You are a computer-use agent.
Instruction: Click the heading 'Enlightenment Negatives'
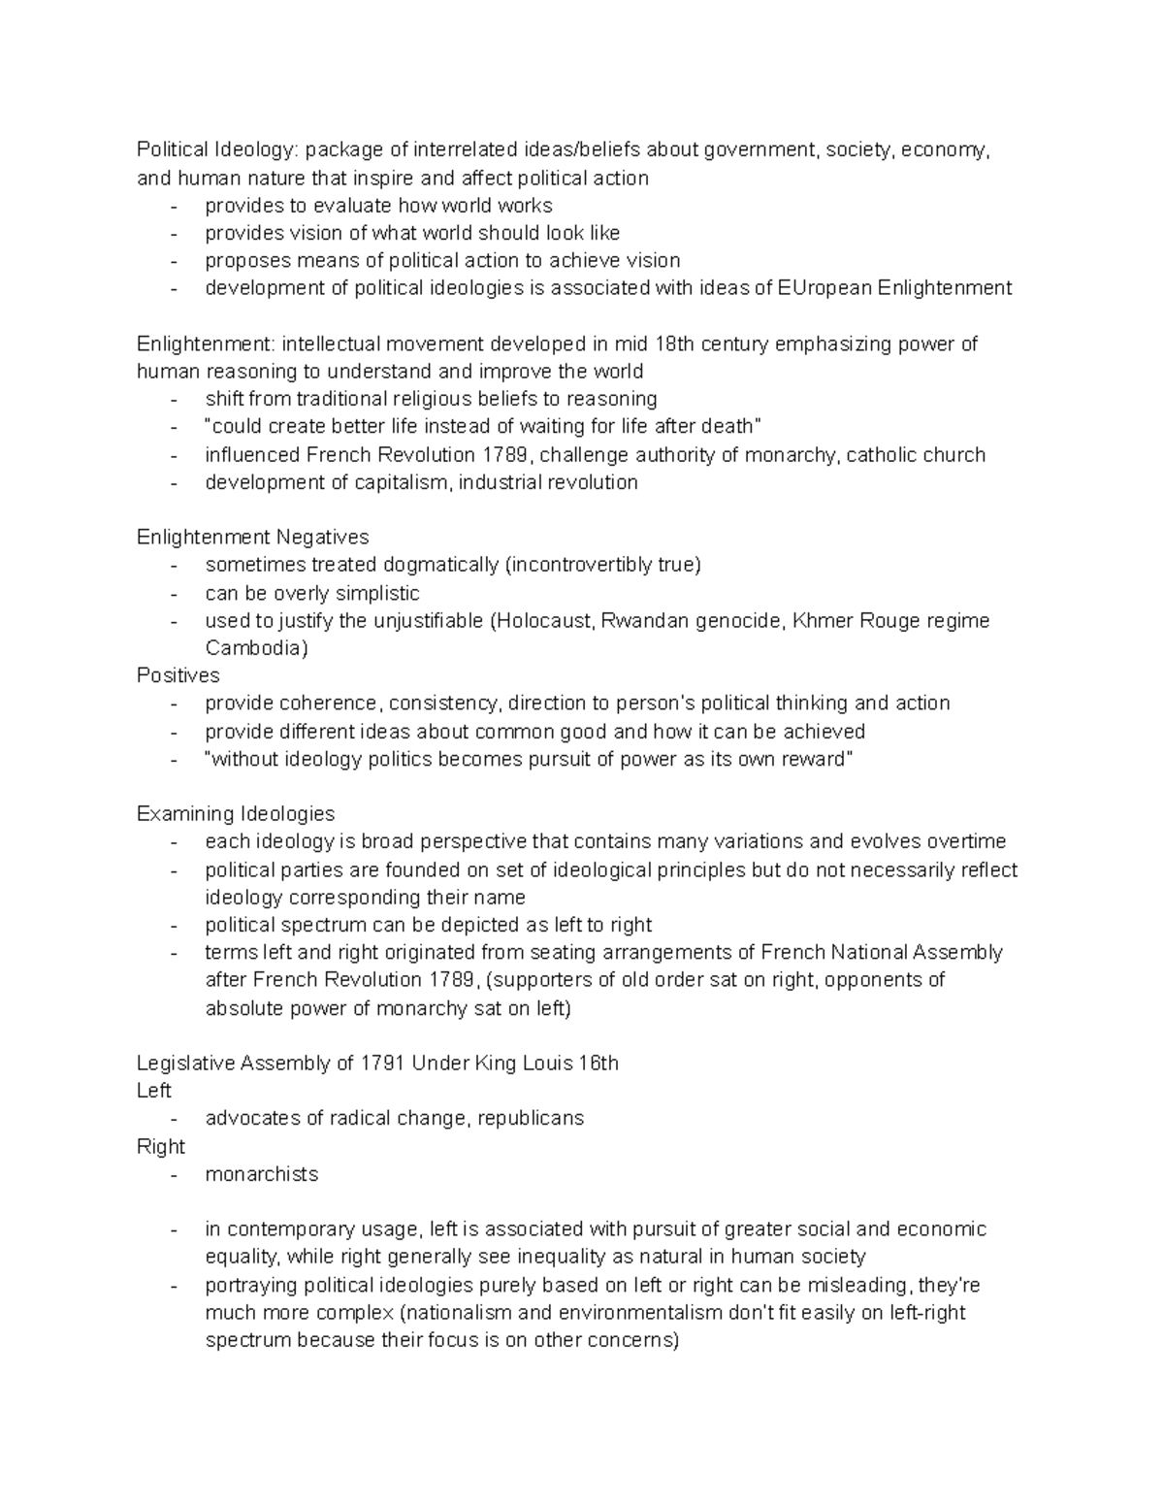point(252,537)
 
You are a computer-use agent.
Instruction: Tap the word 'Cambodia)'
point(256,648)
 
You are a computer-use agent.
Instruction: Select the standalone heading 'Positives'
point(178,675)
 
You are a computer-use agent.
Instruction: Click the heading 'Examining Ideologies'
point(236,813)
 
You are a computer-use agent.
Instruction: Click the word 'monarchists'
point(262,1174)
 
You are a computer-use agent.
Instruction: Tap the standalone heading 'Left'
point(154,1091)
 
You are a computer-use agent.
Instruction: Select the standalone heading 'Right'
point(161,1146)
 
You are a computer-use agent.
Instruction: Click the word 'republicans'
point(531,1118)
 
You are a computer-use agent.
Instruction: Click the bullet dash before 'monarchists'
point(174,1174)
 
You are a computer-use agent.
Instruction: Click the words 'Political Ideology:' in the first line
point(220,149)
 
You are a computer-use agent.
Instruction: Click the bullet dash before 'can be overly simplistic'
point(174,593)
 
